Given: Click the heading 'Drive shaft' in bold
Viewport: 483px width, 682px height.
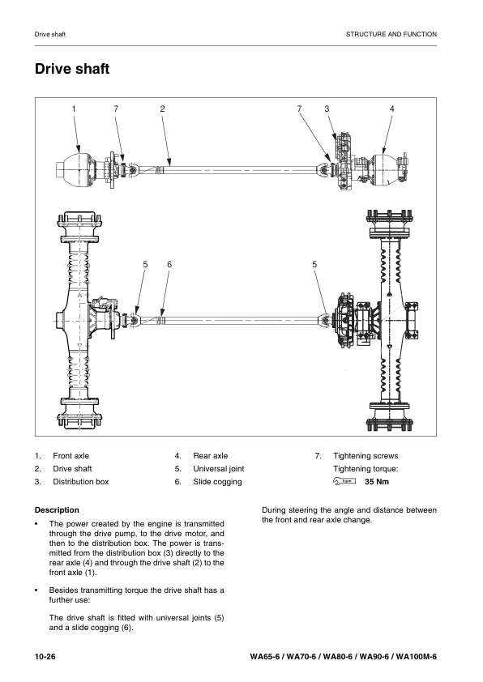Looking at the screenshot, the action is (x=72, y=69).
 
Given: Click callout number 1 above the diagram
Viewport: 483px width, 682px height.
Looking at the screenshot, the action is (x=74, y=109).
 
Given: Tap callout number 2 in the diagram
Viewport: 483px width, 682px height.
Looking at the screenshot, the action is (x=162, y=109).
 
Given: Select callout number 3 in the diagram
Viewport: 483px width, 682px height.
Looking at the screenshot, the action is (x=327, y=109).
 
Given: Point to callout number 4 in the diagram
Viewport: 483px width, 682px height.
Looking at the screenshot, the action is (x=391, y=109).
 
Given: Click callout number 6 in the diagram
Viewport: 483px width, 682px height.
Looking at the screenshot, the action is (x=169, y=264).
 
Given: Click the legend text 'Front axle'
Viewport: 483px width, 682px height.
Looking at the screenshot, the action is (x=71, y=456).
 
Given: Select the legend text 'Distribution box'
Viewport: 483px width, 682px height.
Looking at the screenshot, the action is (x=81, y=481).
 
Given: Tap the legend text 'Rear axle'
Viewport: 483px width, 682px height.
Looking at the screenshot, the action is (x=211, y=456).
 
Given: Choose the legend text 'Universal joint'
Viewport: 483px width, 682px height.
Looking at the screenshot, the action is (x=219, y=469).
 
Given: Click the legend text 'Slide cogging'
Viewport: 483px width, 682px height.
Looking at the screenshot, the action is (x=217, y=482).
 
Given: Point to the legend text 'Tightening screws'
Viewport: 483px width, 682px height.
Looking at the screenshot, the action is (x=365, y=456).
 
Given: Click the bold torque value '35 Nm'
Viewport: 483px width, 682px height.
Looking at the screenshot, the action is (x=377, y=481).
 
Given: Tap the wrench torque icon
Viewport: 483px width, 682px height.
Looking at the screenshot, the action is (x=344, y=481).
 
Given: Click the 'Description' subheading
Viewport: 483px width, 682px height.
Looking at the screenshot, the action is (x=57, y=509).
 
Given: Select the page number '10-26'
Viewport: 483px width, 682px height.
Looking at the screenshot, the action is (x=45, y=657).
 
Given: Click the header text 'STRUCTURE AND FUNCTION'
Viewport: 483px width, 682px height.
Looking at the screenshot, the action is (x=391, y=34).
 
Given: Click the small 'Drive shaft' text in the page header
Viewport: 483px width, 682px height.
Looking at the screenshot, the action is (x=50, y=34).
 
